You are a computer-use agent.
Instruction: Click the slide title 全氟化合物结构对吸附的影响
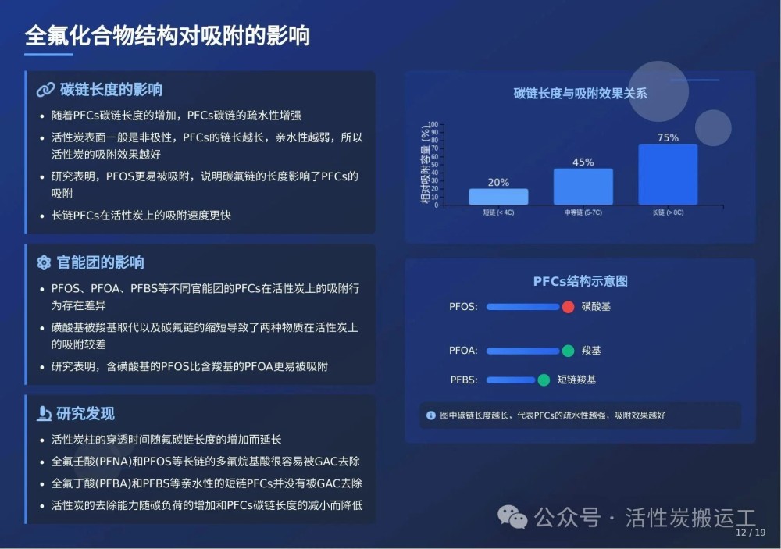(x=167, y=35)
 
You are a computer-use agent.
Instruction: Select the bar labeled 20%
(x=498, y=197)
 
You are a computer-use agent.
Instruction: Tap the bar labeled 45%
(x=583, y=187)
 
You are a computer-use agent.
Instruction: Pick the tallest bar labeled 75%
(x=668, y=174)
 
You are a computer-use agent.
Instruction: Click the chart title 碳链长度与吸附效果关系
(x=580, y=93)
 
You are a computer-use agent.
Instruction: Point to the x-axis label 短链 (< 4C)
(x=498, y=212)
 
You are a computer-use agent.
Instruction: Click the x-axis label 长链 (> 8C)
(x=668, y=212)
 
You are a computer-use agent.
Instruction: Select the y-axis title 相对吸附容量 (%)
(x=425, y=164)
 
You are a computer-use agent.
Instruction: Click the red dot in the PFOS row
(x=568, y=307)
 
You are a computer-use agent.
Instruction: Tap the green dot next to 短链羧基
(x=544, y=380)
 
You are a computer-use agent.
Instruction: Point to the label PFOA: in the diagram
(x=463, y=351)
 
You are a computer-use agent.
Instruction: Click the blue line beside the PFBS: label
(x=511, y=380)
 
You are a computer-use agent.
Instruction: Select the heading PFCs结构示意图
(x=580, y=281)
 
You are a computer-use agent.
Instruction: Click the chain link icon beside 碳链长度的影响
(x=45, y=90)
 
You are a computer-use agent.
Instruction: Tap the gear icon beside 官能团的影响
(x=44, y=262)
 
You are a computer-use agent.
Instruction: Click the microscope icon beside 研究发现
(x=44, y=413)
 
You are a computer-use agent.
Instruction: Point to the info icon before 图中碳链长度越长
(x=431, y=415)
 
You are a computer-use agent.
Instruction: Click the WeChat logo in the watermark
(x=512, y=517)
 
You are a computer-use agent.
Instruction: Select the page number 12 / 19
(x=750, y=533)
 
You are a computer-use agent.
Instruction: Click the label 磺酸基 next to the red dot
(x=596, y=307)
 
